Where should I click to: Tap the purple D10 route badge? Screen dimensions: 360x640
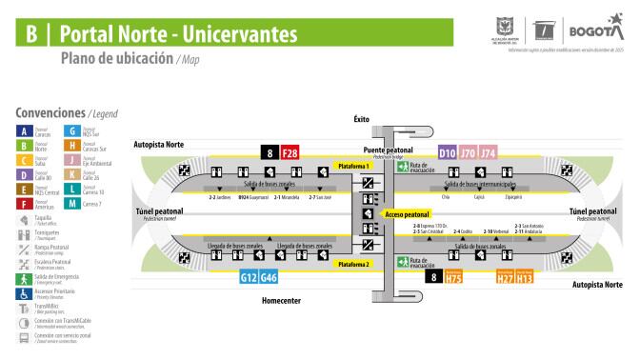(447, 152)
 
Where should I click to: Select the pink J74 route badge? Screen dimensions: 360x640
(489, 152)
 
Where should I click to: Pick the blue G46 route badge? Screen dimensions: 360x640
(269, 278)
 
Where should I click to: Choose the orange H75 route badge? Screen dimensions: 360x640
(453, 278)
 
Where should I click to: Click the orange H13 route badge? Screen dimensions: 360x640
(525, 278)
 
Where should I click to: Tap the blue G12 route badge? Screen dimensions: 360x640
(248, 278)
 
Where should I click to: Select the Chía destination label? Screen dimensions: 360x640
(446, 199)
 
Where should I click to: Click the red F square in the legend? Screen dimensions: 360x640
(23, 202)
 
